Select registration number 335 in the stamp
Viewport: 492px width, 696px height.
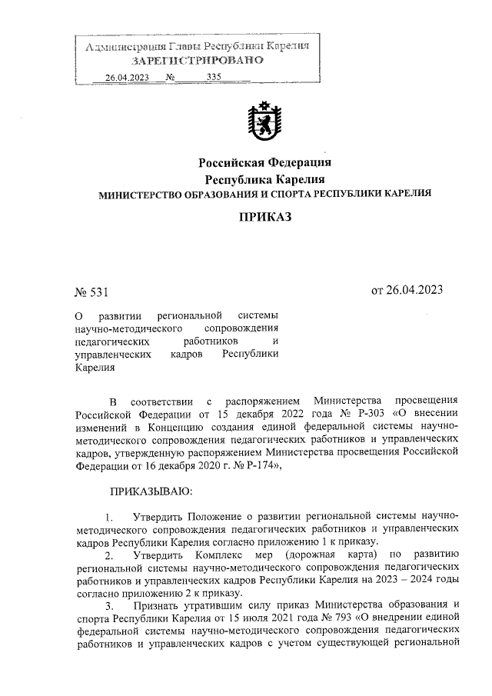(x=213, y=77)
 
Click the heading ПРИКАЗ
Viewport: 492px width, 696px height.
(x=264, y=218)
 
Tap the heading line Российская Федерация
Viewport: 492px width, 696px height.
(x=264, y=162)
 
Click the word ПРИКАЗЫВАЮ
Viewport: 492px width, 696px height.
(x=151, y=490)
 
